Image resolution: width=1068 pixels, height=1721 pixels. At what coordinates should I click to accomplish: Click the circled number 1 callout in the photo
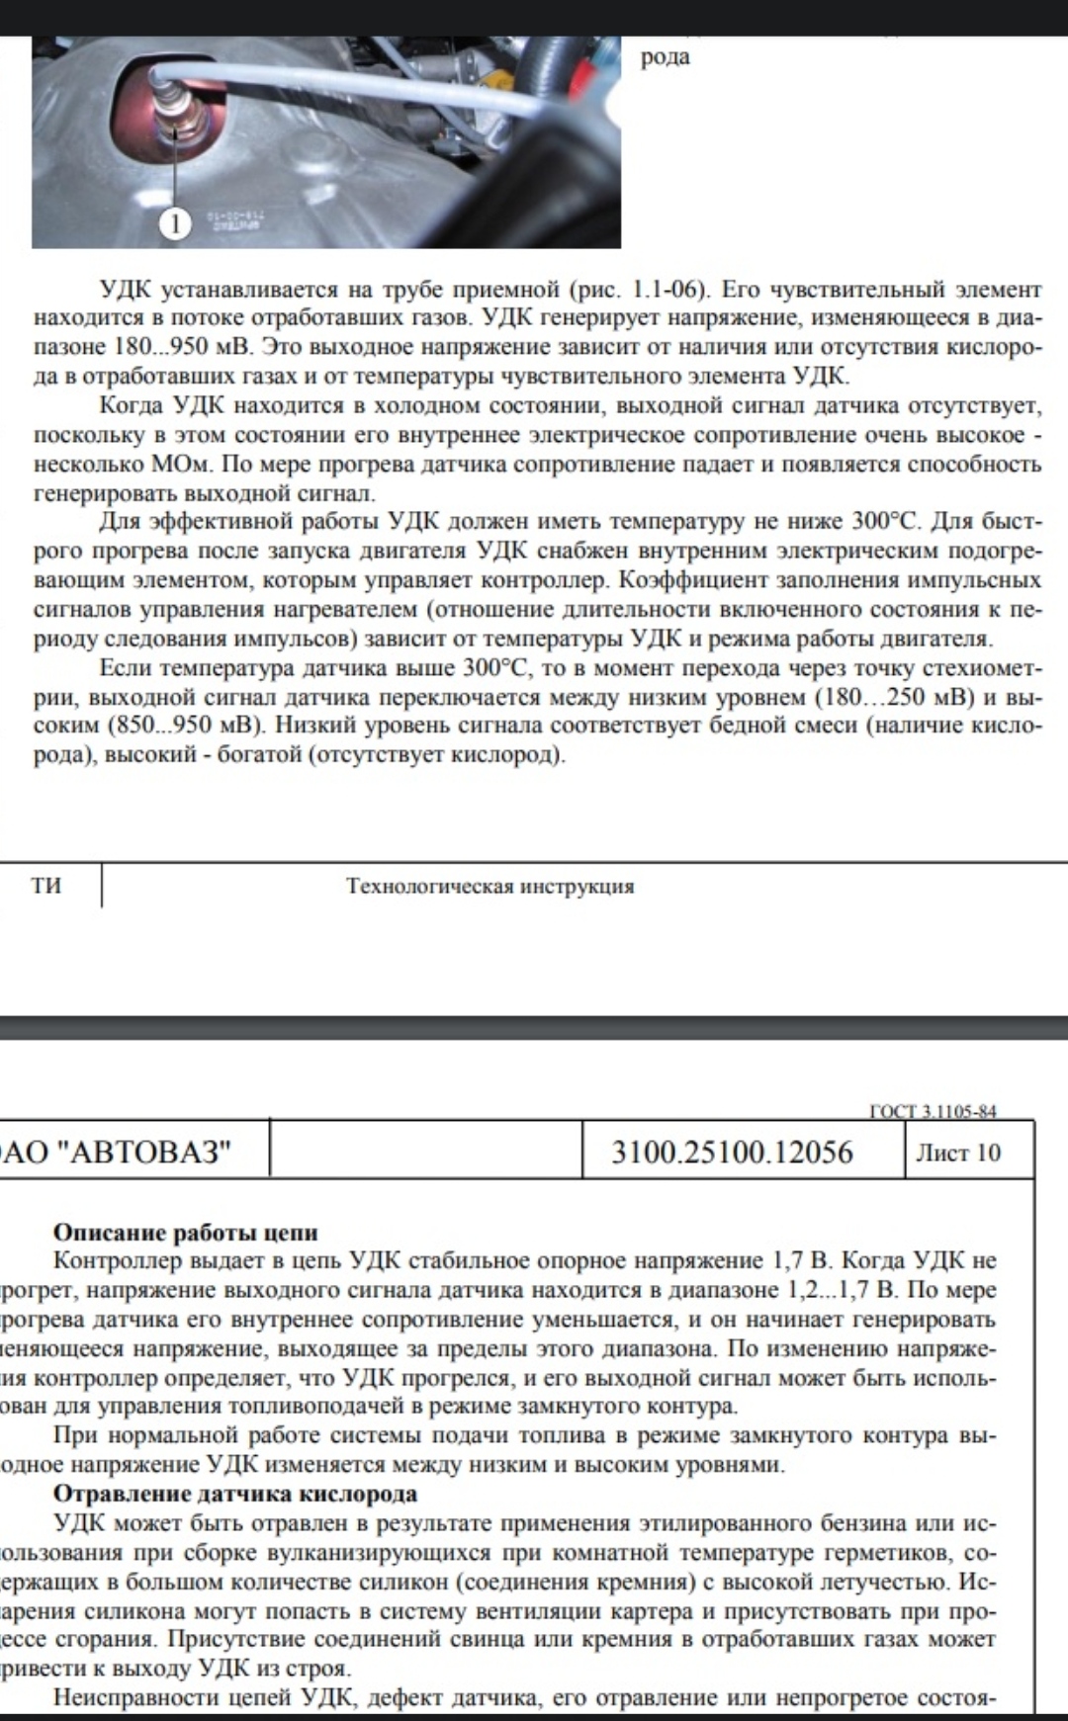pyautogui.click(x=175, y=224)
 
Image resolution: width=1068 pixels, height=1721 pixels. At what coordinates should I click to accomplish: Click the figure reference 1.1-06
pyautogui.click(x=667, y=290)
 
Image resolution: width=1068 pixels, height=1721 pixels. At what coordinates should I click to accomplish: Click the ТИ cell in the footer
pyautogui.click(x=46, y=885)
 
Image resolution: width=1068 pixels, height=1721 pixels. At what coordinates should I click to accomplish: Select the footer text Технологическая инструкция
pyautogui.click(x=490, y=886)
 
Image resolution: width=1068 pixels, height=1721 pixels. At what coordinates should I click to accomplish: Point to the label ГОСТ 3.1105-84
pyautogui.click(x=933, y=1111)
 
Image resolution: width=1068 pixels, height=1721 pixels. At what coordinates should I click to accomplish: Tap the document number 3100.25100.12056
pyautogui.click(x=732, y=1152)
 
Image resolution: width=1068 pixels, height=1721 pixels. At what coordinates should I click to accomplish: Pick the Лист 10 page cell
pyautogui.click(x=957, y=1153)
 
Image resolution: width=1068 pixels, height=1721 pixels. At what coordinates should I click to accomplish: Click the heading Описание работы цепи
pyautogui.click(x=186, y=1232)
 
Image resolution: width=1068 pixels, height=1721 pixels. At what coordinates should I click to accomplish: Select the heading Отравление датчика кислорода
pyautogui.click(x=235, y=1494)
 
